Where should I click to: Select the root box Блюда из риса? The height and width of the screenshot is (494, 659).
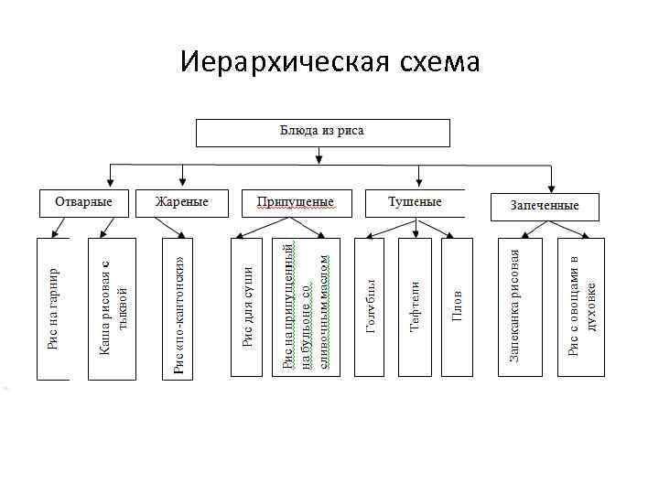(x=323, y=132)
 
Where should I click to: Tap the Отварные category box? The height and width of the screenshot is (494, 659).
(x=82, y=202)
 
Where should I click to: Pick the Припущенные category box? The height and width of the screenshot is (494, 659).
(x=295, y=202)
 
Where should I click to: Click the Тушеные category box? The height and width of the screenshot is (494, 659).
(x=414, y=202)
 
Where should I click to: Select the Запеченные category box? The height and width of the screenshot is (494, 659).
(x=545, y=206)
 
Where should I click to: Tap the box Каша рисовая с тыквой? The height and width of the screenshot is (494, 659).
(x=112, y=308)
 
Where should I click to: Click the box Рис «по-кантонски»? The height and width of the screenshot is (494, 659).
(x=177, y=308)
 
